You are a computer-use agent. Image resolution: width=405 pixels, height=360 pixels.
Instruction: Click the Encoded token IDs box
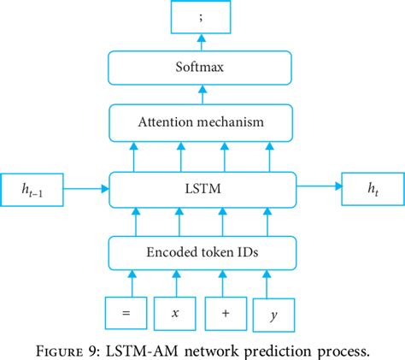click(x=202, y=252)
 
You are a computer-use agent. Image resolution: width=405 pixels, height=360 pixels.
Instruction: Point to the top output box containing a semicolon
click(x=202, y=18)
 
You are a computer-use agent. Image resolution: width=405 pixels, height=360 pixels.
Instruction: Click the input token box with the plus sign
click(x=226, y=312)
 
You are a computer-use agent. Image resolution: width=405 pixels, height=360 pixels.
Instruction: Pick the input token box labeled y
click(x=273, y=312)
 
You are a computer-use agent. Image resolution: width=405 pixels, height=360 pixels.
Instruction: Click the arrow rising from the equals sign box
click(x=132, y=281)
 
